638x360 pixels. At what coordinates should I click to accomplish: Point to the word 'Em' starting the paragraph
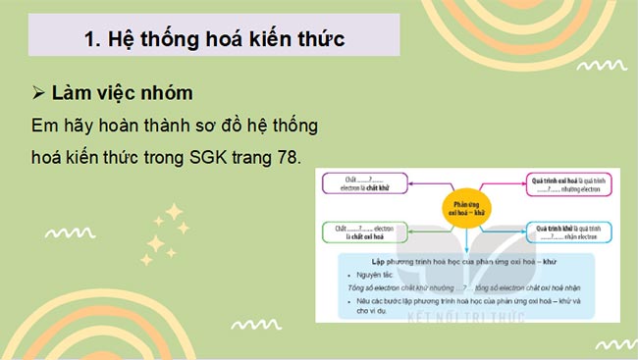click(x=45, y=128)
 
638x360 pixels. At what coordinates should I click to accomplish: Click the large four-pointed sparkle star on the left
click(x=175, y=213)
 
